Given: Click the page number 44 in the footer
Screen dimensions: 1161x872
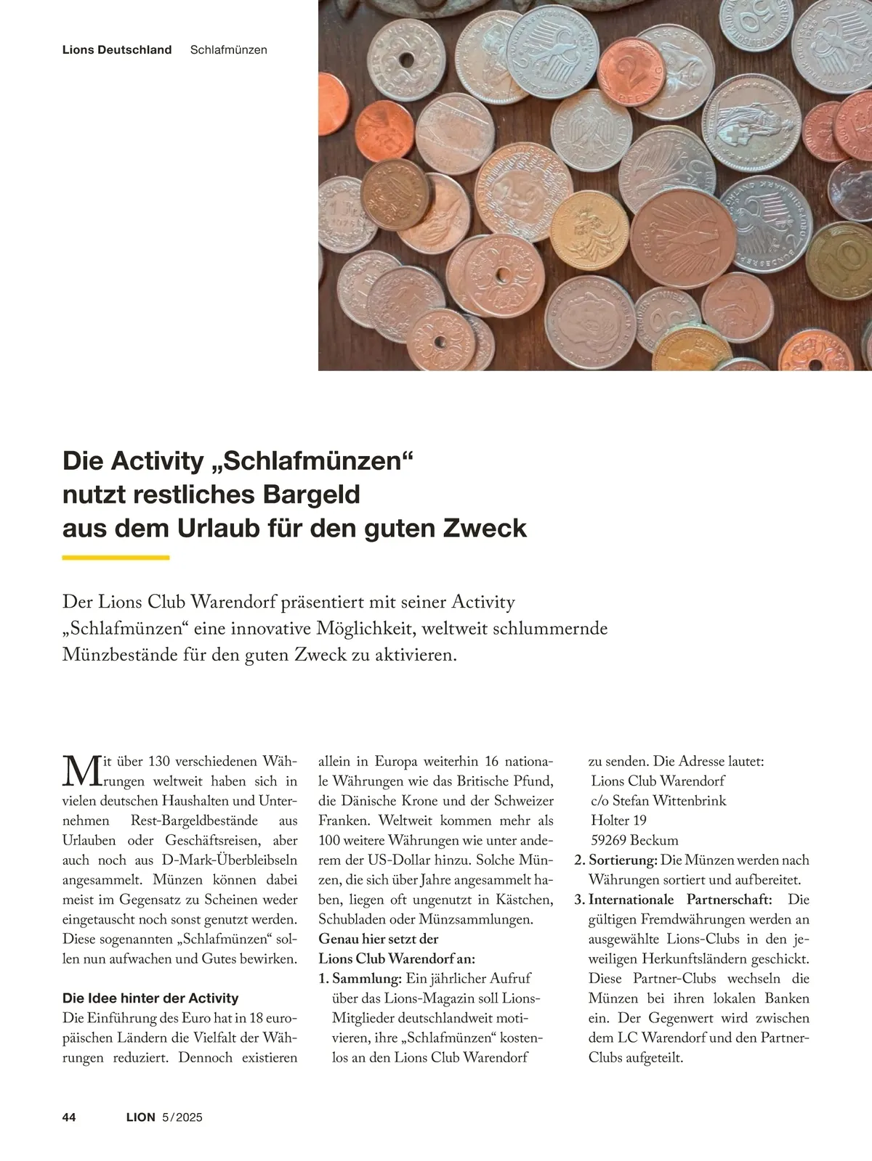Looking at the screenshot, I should coord(69,1117).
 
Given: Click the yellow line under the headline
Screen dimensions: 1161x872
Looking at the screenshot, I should coord(116,558).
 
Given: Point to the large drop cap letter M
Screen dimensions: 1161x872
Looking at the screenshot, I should coord(80,771).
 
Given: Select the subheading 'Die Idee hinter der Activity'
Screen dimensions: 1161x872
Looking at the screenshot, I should coord(150,998).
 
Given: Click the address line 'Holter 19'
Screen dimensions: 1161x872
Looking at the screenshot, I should coord(618,820).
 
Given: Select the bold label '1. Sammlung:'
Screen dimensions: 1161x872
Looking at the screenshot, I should coord(360,979).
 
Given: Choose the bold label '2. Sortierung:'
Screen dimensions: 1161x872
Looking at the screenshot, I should coord(615,860).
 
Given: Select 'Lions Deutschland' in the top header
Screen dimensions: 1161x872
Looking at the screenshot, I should coord(117,50).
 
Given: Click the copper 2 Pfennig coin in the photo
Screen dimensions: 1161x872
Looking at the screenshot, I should coord(631,71).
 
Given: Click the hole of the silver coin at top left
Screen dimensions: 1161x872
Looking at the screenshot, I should coord(405,60).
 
